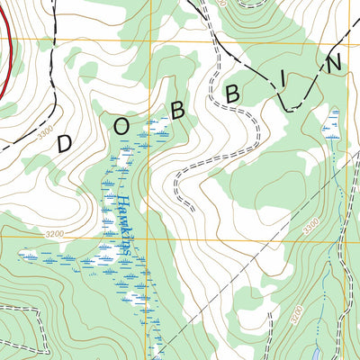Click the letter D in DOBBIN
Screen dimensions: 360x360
(x=64, y=142)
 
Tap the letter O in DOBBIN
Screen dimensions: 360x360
(x=121, y=125)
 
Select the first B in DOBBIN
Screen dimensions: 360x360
(x=178, y=110)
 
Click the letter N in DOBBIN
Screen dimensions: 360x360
(x=334, y=63)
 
